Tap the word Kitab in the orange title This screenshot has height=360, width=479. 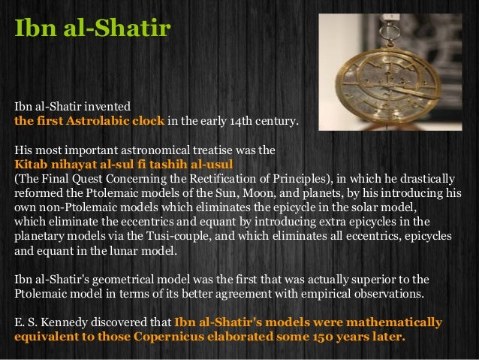(x=31, y=164)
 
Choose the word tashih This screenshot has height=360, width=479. (x=161, y=164)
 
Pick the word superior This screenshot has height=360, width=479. (x=381, y=280)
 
